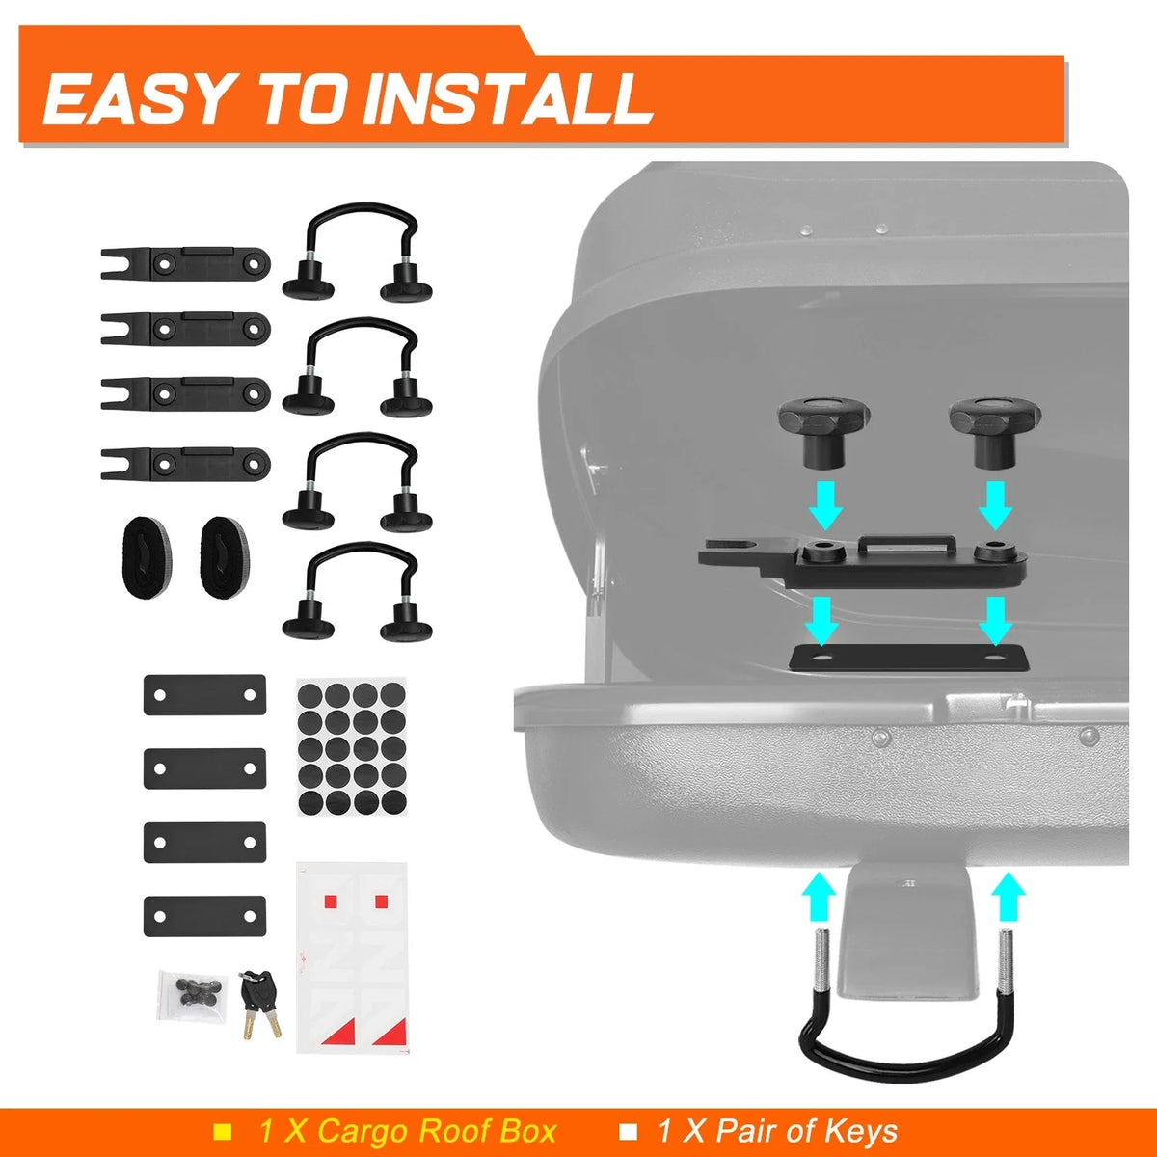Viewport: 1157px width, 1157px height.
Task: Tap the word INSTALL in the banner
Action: point(507,99)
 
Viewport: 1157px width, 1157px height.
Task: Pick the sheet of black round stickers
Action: point(352,747)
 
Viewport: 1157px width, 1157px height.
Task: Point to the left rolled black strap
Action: point(147,558)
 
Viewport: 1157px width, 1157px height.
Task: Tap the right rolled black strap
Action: point(225,558)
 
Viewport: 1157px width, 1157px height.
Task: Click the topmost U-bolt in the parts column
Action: point(358,252)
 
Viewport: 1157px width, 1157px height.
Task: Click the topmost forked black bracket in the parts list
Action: point(185,263)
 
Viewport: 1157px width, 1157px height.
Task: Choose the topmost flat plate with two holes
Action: point(204,694)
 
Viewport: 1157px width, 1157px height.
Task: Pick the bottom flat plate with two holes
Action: point(204,916)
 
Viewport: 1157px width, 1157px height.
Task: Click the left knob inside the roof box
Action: point(823,433)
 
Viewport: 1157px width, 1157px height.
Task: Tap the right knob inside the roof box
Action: point(995,433)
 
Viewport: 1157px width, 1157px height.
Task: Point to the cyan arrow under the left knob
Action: point(825,504)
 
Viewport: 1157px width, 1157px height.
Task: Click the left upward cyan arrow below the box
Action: point(819,897)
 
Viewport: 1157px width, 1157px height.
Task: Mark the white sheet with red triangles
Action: point(352,957)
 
